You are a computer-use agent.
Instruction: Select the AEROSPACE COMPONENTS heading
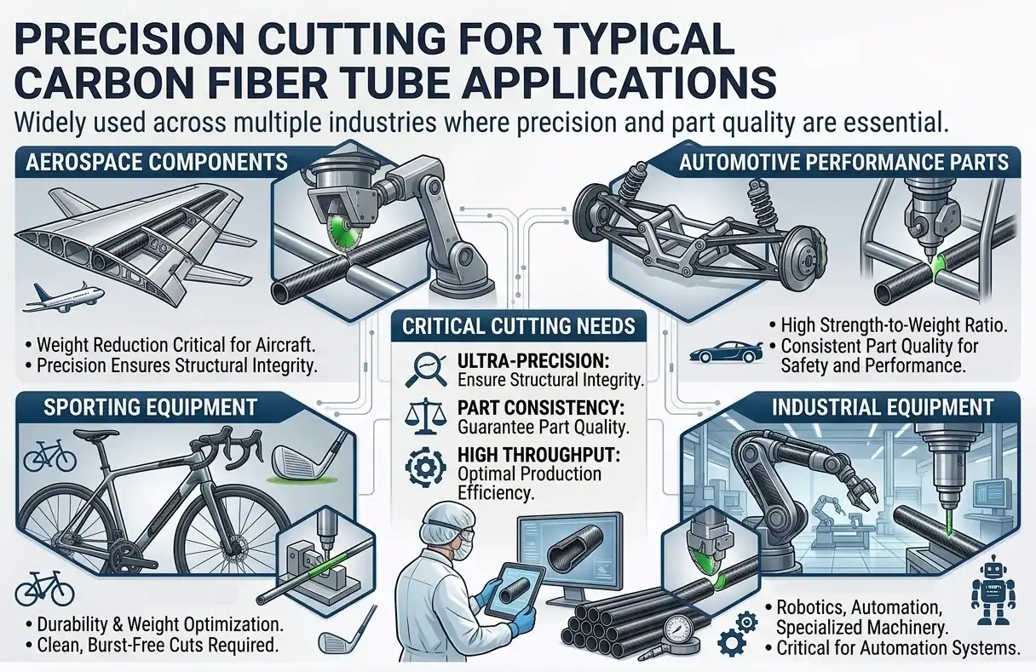(157, 163)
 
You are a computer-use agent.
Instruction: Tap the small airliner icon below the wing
(64, 296)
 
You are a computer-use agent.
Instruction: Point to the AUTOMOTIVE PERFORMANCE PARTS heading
(844, 163)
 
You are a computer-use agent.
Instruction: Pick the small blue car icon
(726, 353)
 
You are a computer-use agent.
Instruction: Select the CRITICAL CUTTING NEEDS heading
(519, 326)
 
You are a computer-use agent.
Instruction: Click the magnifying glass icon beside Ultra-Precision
(425, 369)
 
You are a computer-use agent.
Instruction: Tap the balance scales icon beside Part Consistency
(425, 416)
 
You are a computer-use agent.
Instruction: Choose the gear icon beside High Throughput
(425, 467)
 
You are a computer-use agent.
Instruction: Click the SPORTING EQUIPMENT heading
(150, 407)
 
